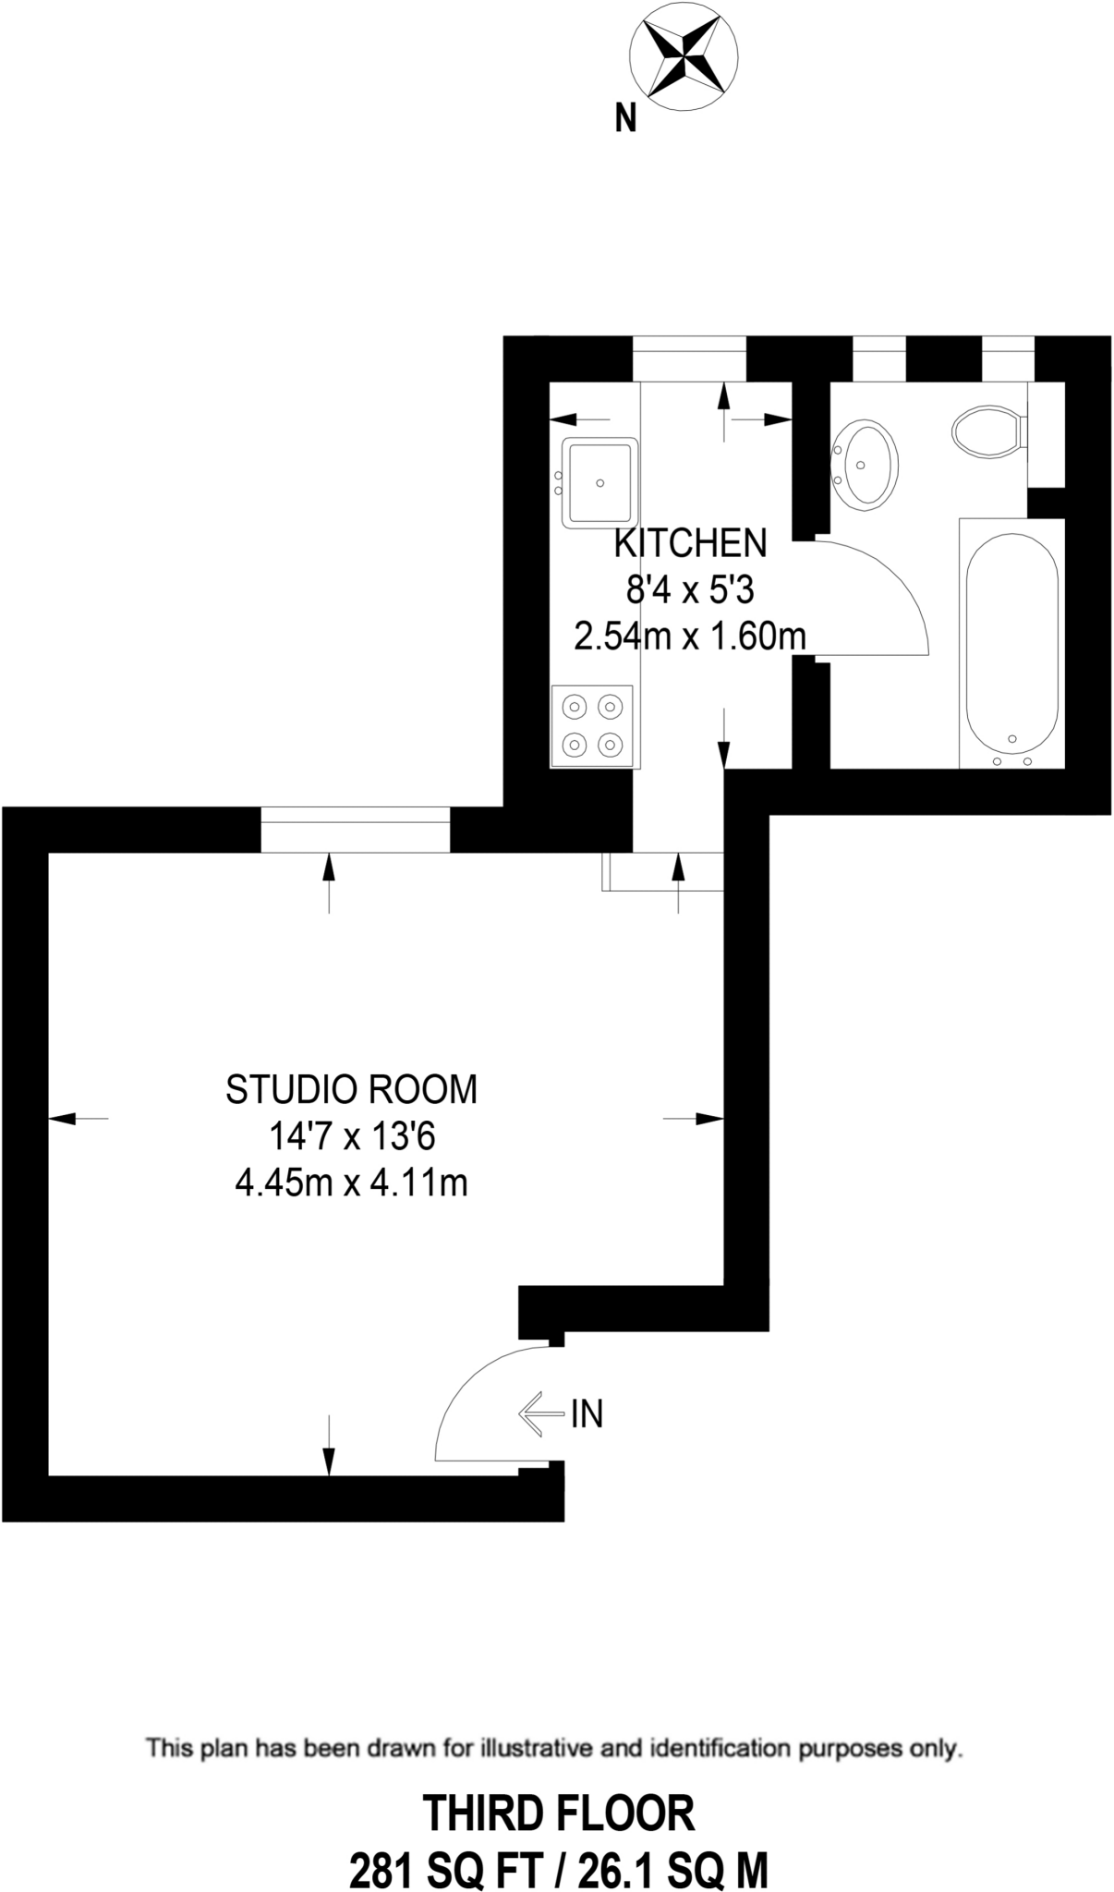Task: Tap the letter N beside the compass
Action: [x=626, y=118]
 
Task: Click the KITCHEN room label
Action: [x=690, y=543]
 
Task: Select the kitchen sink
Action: [x=600, y=481]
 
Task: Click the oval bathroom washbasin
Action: [x=866, y=463]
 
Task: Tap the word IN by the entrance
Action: [x=587, y=1413]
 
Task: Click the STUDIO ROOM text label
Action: [x=351, y=1090]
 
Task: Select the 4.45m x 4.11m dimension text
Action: [x=351, y=1182]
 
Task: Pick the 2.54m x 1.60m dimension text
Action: [x=690, y=637]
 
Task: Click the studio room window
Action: [x=356, y=829]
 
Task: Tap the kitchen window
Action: [x=689, y=358]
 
